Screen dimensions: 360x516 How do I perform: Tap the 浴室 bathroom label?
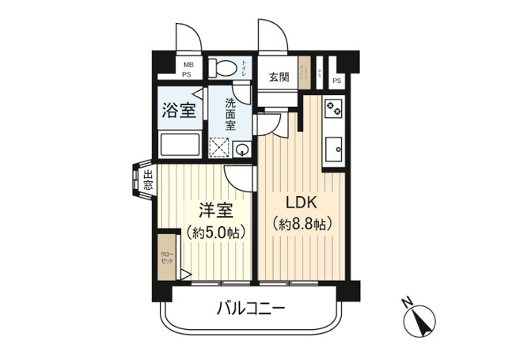click(180, 110)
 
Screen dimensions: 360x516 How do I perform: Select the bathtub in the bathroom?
click(180, 146)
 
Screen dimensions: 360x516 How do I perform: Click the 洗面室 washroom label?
click(230, 114)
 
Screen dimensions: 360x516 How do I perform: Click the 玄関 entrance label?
click(279, 78)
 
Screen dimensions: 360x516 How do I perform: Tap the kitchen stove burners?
click(332, 109)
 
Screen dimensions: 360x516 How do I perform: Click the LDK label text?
click(301, 200)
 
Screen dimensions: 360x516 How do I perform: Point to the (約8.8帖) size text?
click(301, 224)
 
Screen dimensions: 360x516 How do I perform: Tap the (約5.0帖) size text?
click(214, 233)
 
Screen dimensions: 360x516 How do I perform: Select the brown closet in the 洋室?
click(168, 256)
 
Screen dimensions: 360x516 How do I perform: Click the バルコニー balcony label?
click(251, 308)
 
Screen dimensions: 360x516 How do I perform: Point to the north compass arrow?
click(417, 320)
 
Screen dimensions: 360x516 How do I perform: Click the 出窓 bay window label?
click(148, 180)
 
